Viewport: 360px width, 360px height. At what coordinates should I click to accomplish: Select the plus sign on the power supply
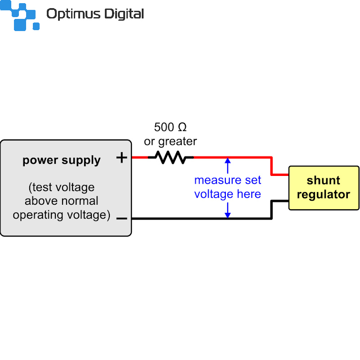pyautogui.click(x=122, y=157)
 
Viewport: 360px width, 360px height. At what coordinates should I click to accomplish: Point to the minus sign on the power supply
pyautogui.click(x=121, y=219)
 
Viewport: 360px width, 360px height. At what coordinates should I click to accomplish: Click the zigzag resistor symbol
pyautogui.click(x=171, y=157)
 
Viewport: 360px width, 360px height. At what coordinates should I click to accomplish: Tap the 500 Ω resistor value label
pyautogui.click(x=170, y=127)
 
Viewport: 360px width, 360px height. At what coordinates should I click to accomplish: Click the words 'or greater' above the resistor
pyautogui.click(x=170, y=141)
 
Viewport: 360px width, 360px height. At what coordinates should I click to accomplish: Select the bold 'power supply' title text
pyautogui.click(x=62, y=160)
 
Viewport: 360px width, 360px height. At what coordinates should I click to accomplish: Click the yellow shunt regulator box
pyautogui.click(x=324, y=188)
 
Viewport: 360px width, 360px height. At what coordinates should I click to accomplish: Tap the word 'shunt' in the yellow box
pyautogui.click(x=324, y=181)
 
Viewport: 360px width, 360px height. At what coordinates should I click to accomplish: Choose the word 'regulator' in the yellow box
pyautogui.click(x=324, y=194)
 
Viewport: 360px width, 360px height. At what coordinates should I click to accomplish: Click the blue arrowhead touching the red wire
pyautogui.click(x=228, y=160)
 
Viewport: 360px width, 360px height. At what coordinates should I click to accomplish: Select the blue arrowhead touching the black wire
pyautogui.click(x=228, y=215)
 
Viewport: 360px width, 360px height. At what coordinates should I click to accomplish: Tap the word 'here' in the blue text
pyautogui.click(x=250, y=194)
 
